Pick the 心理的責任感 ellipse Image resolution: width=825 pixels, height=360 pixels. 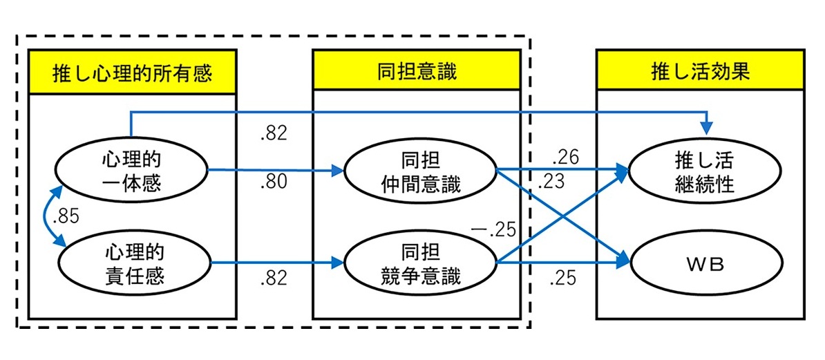point(133,263)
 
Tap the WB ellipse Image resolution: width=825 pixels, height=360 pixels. point(700,263)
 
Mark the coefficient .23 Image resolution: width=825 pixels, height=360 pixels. point(551,183)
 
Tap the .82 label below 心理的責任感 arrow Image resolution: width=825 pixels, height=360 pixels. point(274,280)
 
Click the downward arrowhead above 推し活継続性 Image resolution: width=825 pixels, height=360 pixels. point(705,128)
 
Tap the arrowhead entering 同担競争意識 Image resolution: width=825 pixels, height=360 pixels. point(337,263)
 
